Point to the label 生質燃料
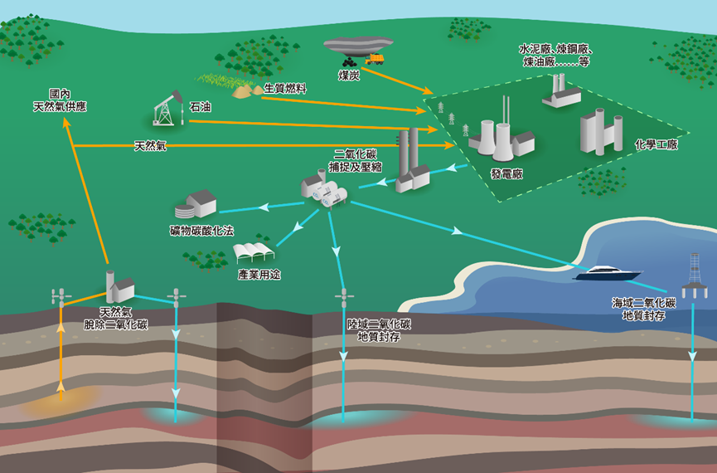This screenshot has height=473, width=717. pyautogui.click(x=285, y=88)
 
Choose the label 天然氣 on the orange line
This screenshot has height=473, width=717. pyautogui.click(x=150, y=146)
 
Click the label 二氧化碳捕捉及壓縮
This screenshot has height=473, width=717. pyautogui.click(x=356, y=160)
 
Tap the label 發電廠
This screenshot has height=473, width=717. pyautogui.click(x=506, y=174)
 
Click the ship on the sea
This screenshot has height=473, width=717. pyautogui.click(x=612, y=272)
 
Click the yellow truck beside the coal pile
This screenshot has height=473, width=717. pyautogui.click(x=375, y=58)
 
